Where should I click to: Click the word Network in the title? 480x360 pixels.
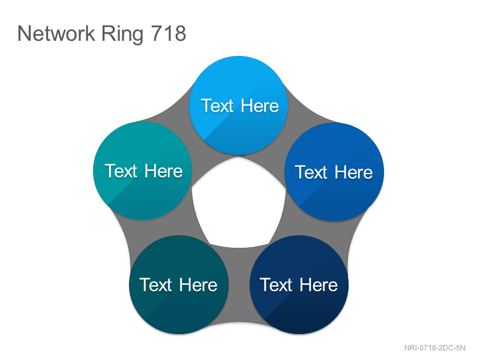coord(56,33)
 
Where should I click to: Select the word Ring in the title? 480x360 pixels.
coord(122,34)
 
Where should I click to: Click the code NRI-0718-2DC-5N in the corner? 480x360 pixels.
coord(434,348)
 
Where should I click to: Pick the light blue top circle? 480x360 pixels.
coord(239,106)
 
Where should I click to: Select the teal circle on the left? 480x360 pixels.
coord(143,170)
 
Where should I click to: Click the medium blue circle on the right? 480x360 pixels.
coord(334,172)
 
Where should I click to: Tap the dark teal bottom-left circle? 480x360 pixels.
coord(179,284)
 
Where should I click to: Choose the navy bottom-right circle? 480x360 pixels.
coord(299,284)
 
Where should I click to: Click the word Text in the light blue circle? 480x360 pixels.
coord(217,106)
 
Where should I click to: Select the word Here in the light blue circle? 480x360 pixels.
coord(260,106)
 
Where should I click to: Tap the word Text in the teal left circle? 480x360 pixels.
coord(121,171)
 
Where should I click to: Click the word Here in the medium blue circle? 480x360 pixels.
coord(353,172)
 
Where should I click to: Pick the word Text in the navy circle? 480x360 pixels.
coord(276,285)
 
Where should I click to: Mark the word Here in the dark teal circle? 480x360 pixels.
coord(199,285)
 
